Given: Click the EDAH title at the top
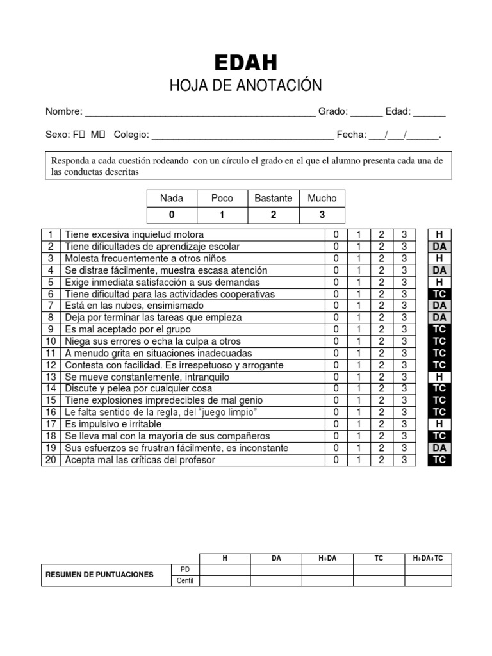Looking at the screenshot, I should coord(246,63).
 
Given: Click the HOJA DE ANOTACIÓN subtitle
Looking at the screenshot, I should coord(246,86).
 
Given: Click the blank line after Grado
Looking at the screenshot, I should coord(366,113).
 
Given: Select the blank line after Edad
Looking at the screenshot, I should coord(429,113).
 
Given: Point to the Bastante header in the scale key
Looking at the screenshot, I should coord(274,199).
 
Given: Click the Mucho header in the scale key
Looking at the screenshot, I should coord(322,199).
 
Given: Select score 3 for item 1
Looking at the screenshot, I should coord(404,234).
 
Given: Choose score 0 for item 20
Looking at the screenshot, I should coord(336,460).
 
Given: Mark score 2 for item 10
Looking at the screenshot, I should coord(381,341).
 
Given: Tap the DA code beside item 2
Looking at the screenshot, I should coord(439,247).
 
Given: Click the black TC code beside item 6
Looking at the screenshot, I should coord(439,294).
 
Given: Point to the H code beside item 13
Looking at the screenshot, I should coord(439,377).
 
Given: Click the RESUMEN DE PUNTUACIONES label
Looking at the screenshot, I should coord(99,575).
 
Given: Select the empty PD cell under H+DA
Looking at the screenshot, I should coord(327,570).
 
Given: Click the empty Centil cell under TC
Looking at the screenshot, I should coord(379,581).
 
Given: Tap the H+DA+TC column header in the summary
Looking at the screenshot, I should coord(428,559).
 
